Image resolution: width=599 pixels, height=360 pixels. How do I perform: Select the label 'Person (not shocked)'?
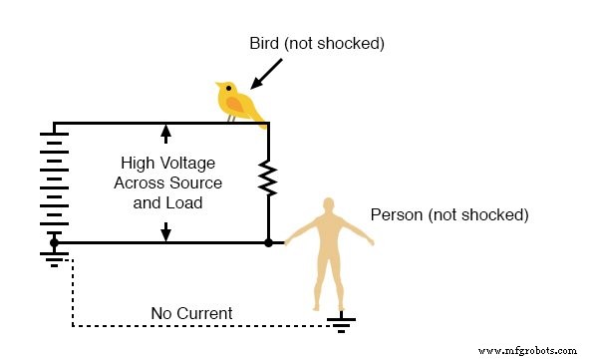pyautogui.click(x=449, y=214)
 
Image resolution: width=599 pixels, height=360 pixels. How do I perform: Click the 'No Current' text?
pyautogui.click(x=191, y=313)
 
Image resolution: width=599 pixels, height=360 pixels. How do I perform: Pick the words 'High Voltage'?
pyautogui.click(x=167, y=163)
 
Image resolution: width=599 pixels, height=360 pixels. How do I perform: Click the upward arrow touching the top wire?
pyautogui.click(x=165, y=134)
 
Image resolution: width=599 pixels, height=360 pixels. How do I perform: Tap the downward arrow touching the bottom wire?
pyautogui.click(x=165, y=232)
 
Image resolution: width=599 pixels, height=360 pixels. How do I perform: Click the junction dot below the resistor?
pyautogui.click(x=268, y=242)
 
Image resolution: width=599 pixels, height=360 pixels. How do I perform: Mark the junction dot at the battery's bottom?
pyautogui.click(x=54, y=242)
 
